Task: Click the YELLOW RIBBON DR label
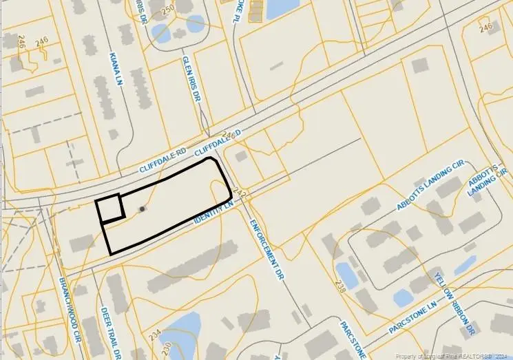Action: pos(454,304)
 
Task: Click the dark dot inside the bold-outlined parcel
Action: pos(143,209)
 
